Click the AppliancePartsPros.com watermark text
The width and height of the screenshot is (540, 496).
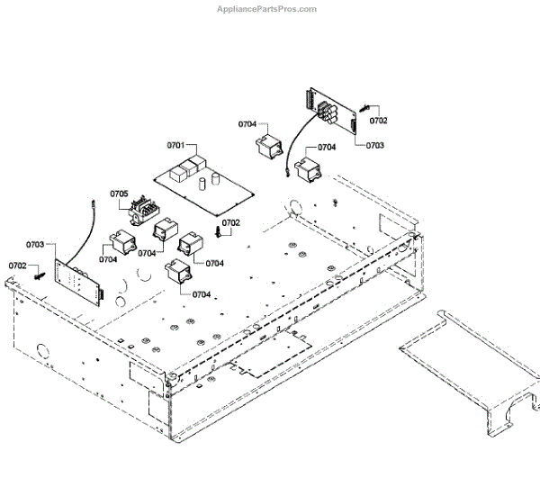267,9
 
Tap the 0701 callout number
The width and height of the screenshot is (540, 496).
175,145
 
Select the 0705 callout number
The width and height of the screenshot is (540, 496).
119,194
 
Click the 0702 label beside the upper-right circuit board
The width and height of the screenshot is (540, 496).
379,120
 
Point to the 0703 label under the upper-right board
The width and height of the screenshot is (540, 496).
374,145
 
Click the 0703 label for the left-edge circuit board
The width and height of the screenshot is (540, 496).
35,244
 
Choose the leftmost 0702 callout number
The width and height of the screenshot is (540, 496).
18,266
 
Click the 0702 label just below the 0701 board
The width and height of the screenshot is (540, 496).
231,222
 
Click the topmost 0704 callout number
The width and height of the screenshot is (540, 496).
248,124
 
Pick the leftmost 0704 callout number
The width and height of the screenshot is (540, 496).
108,260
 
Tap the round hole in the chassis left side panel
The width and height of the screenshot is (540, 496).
41,349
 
